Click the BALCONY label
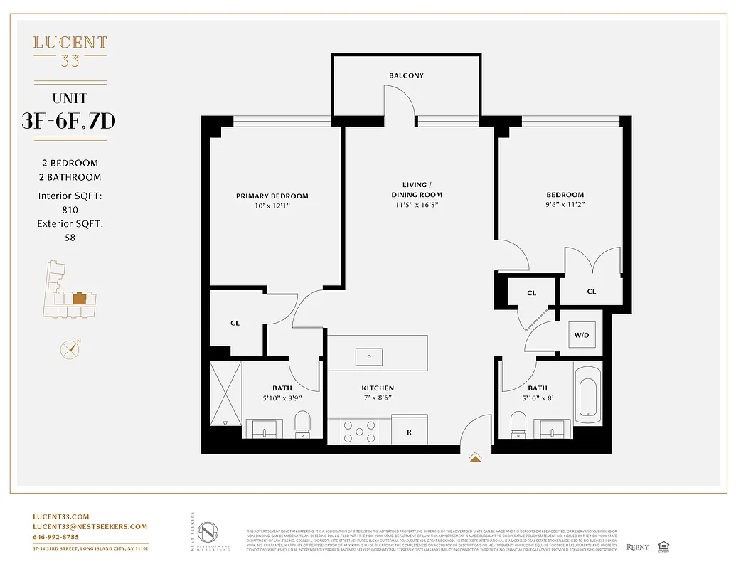pos(406,75)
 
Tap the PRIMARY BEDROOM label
pos(272,196)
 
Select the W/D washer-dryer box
pos(581,335)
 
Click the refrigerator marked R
pos(409,431)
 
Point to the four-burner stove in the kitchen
pos(359,430)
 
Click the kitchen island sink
pos(369,356)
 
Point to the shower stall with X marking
pos(226,393)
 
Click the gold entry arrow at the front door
pos(476,458)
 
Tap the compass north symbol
pos(70,349)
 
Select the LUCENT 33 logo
pos(70,51)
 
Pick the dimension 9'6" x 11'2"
pos(565,205)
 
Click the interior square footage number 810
pos(70,210)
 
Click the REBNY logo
pos(639,547)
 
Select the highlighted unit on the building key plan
pos(80,297)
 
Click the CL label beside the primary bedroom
pos(235,323)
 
